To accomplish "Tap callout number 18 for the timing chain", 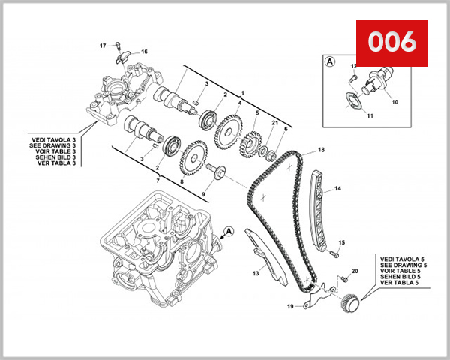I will [321, 150].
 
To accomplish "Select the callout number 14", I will [337, 188].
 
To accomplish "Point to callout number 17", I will [103, 46].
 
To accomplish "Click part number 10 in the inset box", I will [395, 101].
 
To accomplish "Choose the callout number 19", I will [290, 306].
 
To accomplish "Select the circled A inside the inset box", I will [329, 63].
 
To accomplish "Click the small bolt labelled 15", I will [328, 243].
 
